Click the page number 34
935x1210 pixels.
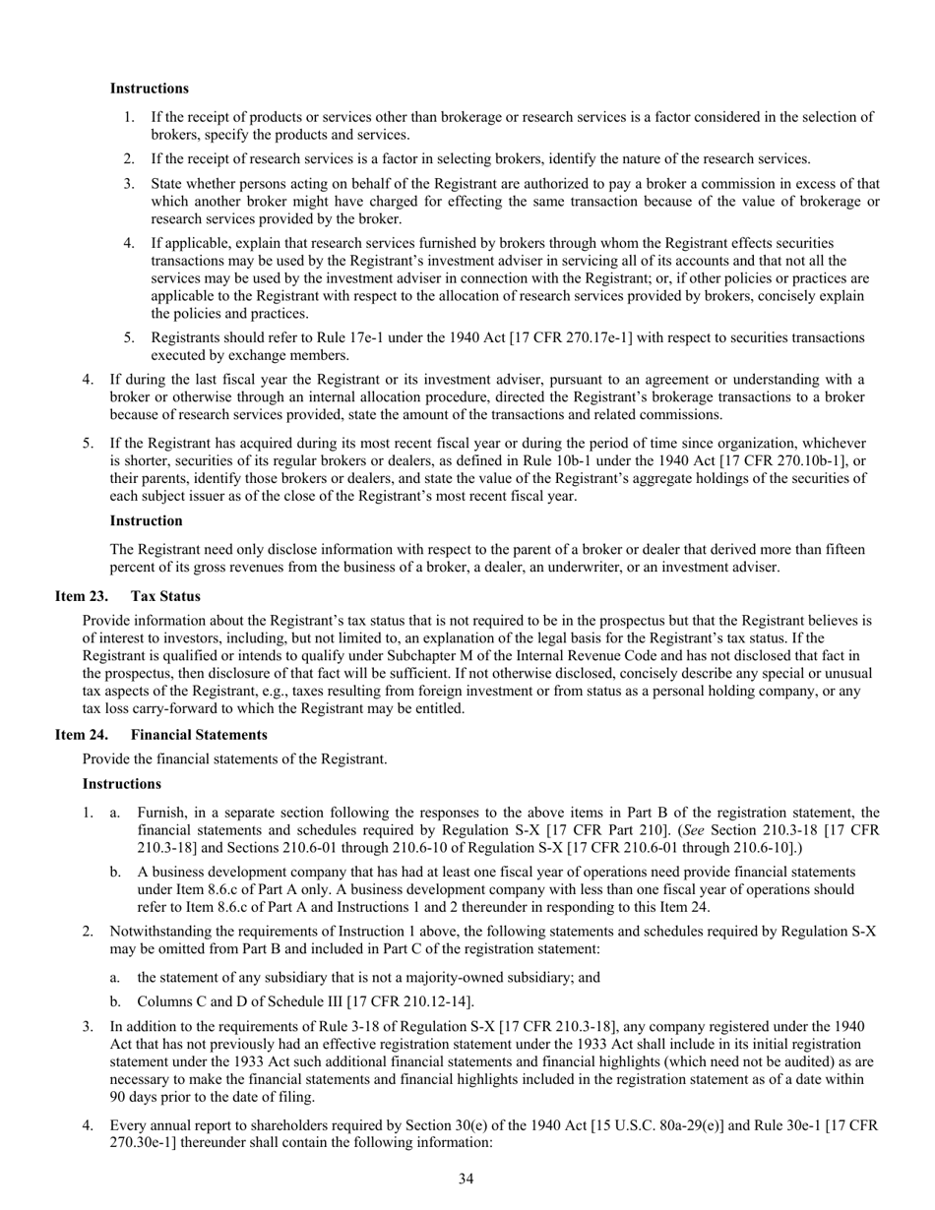[467, 1179]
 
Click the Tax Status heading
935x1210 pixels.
[165, 596]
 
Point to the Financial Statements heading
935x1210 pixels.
[199, 735]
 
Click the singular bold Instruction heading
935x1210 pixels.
[146, 520]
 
